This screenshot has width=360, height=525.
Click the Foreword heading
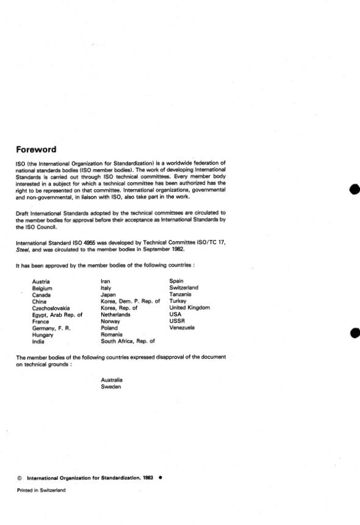click(x=36, y=150)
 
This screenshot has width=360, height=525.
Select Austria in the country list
click(x=41, y=281)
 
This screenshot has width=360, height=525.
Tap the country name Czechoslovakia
click(x=51, y=308)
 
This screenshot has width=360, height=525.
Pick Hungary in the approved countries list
click(x=43, y=335)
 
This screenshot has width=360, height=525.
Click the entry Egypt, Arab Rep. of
click(x=57, y=315)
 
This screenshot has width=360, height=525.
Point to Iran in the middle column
click(x=107, y=281)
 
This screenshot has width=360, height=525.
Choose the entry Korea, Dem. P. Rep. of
click(x=130, y=302)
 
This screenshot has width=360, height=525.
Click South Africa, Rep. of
click(x=128, y=342)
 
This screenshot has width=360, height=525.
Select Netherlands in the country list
click(x=116, y=315)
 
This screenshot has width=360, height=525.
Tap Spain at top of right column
click(x=176, y=281)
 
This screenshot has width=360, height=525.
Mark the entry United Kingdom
click(x=189, y=308)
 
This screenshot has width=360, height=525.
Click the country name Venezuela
click(x=182, y=328)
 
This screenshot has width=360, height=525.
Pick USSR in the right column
click(x=176, y=322)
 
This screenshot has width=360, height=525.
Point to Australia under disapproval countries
click(x=112, y=380)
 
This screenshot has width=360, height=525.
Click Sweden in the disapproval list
click(x=111, y=386)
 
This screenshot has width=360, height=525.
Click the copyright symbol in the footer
click(x=19, y=479)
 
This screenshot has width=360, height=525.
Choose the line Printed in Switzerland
click(x=40, y=490)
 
